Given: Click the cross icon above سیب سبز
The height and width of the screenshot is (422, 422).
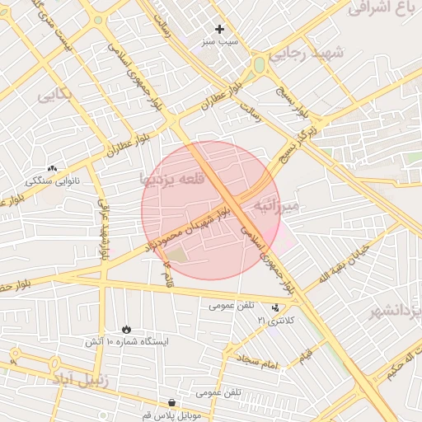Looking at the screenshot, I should (x=219, y=29).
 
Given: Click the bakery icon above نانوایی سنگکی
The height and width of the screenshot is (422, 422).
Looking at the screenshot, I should (x=53, y=167).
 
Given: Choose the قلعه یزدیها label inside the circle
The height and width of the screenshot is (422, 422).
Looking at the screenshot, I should (x=171, y=177).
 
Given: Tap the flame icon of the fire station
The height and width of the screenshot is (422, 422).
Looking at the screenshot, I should (x=126, y=328).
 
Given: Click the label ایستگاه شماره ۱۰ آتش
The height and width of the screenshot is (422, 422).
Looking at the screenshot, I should (x=126, y=341).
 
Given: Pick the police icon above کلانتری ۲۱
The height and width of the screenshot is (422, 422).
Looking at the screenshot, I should (x=275, y=307).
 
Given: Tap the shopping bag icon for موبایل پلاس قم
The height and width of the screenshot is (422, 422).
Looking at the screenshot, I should (x=171, y=403).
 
